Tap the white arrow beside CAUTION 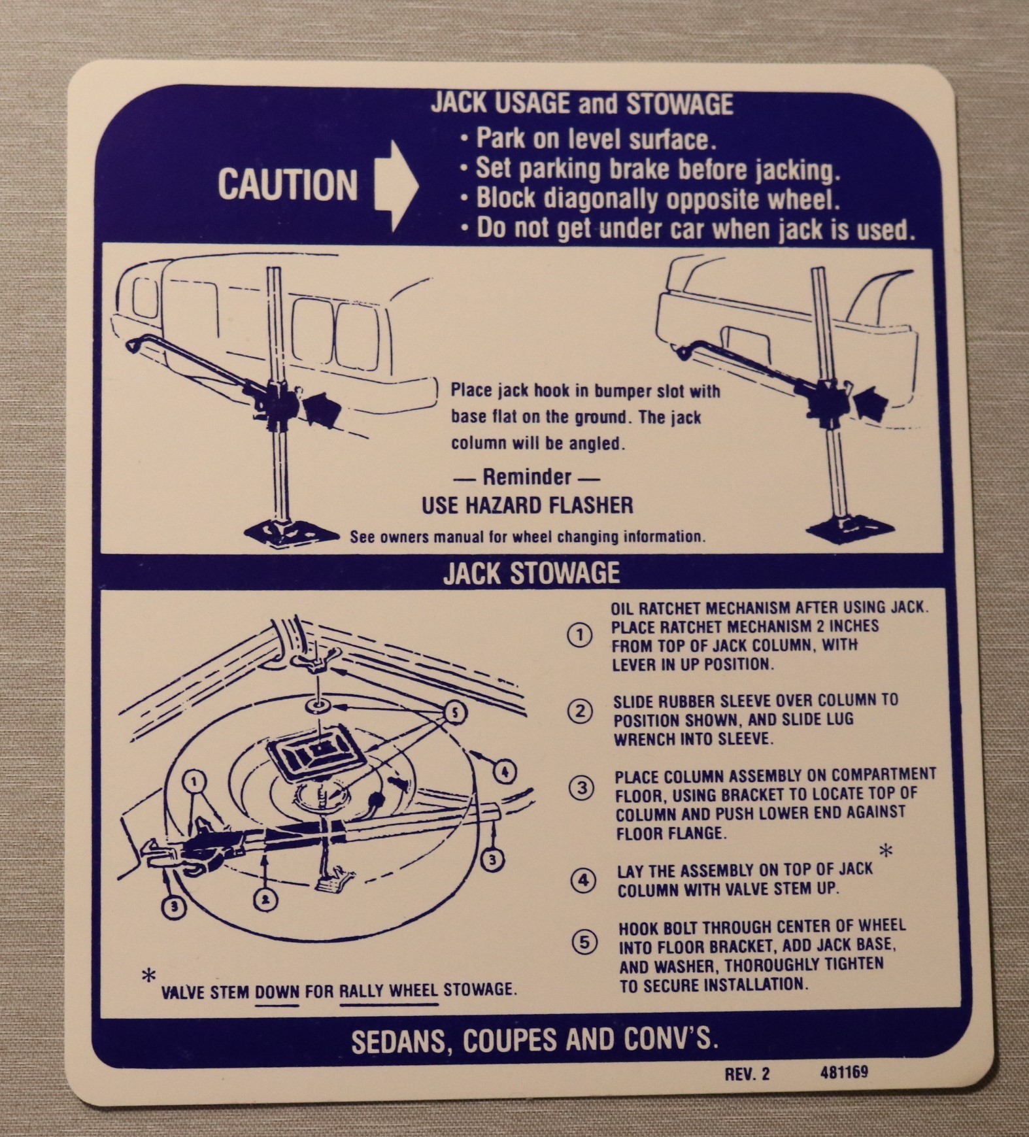(x=396, y=186)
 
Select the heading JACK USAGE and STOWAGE (x=582, y=104)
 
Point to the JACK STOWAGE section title (x=531, y=573)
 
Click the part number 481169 (x=844, y=1073)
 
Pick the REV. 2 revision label (x=747, y=1074)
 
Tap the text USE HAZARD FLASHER (x=527, y=505)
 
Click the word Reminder (x=527, y=477)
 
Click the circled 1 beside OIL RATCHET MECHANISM (x=579, y=636)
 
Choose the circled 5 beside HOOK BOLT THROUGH (x=584, y=943)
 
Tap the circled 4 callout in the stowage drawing (x=503, y=772)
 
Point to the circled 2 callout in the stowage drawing (x=265, y=900)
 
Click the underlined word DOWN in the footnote (x=277, y=991)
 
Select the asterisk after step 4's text (x=886, y=851)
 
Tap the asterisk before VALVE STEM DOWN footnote (x=149, y=976)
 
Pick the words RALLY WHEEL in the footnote (x=389, y=991)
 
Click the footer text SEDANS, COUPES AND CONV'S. (x=535, y=1040)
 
